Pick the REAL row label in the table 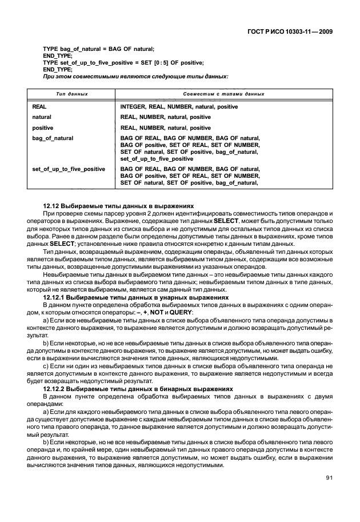click(x=39, y=107)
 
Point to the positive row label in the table click(x=43, y=127)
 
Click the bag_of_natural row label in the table click(x=53, y=138)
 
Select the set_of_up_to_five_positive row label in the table click(x=69, y=169)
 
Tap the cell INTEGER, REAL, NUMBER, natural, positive click(x=179, y=107)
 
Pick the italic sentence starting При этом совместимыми click(x=135, y=75)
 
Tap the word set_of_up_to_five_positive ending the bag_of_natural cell click(x=157, y=159)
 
